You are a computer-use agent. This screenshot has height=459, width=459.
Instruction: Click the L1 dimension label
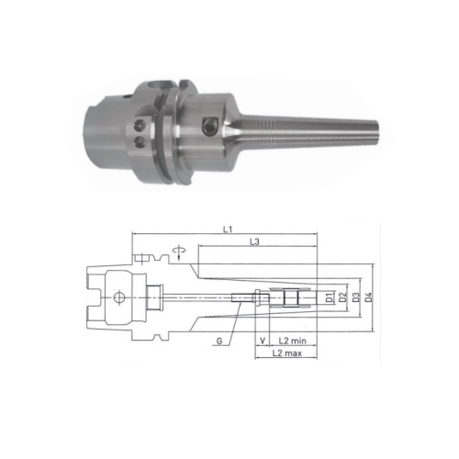(227, 229)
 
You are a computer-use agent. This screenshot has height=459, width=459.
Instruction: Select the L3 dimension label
(254, 241)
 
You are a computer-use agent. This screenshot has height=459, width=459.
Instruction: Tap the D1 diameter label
(329, 297)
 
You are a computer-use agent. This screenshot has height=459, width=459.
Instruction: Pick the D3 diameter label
(355, 297)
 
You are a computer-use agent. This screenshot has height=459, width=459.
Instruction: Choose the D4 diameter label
(369, 297)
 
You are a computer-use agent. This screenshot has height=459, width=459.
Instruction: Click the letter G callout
(219, 341)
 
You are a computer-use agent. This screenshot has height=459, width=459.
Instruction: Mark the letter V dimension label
(263, 341)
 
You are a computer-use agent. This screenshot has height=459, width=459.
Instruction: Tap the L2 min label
(292, 341)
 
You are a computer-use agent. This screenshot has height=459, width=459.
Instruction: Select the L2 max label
(287, 353)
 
